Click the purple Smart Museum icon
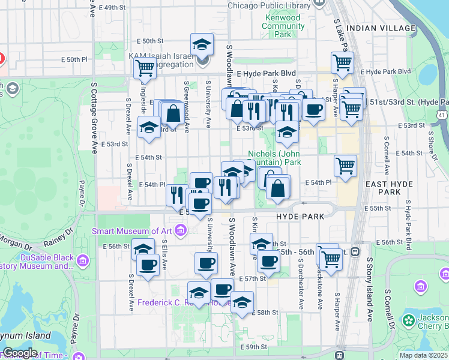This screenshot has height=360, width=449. point(181,232)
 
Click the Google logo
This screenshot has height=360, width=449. point(19,353)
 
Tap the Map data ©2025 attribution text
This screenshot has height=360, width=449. point(423,355)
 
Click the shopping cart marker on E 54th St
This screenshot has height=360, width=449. point(345,166)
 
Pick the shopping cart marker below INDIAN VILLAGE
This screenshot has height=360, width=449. point(342,62)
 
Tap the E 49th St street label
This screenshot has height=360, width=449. point(109,8)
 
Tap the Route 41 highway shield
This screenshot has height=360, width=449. point(442,115)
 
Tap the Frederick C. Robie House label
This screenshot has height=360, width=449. point(174,303)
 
